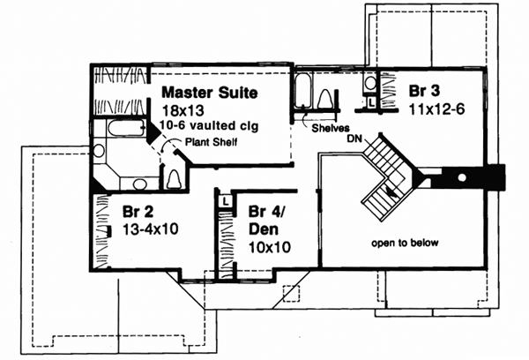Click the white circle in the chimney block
tap(461, 178)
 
